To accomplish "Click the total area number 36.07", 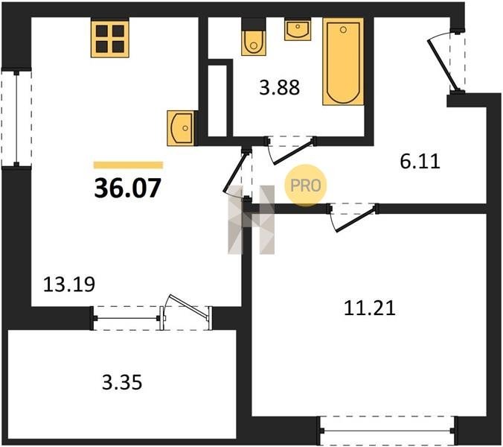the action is click(x=127, y=188).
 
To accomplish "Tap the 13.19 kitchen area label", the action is click(x=69, y=284).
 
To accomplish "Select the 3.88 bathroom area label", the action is click(x=280, y=87).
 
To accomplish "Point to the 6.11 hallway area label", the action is click(x=420, y=162).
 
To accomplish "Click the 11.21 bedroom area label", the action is click(x=369, y=308).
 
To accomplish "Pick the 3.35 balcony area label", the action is click(x=122, y=383).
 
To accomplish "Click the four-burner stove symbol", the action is click(x=110, y=39).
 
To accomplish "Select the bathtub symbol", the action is click(x=343, y=62).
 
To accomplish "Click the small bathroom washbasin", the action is click(x=298, y=29).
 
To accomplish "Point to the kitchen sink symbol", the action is click(x=180, y=128).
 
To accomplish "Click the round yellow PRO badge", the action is click(x=305, y=185).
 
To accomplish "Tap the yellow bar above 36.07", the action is click(x=128, y=165).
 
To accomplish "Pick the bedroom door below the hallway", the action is click(x=353, y=217).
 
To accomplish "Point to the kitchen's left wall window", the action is click(x=16, y=118).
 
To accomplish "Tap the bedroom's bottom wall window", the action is click(x=388, y=431).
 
